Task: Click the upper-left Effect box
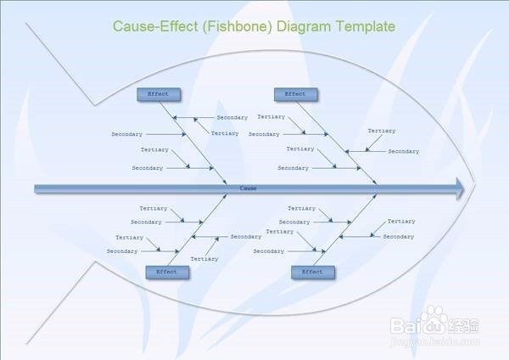(158, 94)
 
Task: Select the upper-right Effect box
(295, 94)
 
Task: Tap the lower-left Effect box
(166, 272)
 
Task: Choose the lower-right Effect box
(312, 272)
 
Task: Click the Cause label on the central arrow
(248, 188)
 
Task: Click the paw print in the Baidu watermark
(439, 322)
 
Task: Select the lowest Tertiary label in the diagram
(204, 259)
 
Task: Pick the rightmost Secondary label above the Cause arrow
(404, 151)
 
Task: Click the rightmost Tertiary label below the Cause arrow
(401, 222)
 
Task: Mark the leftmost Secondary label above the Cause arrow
(126, 134)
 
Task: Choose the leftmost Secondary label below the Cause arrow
(122, 251)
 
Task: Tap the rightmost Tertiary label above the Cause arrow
(382, 131)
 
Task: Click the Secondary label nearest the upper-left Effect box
(232, 117)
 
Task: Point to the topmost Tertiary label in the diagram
(271, 116)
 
